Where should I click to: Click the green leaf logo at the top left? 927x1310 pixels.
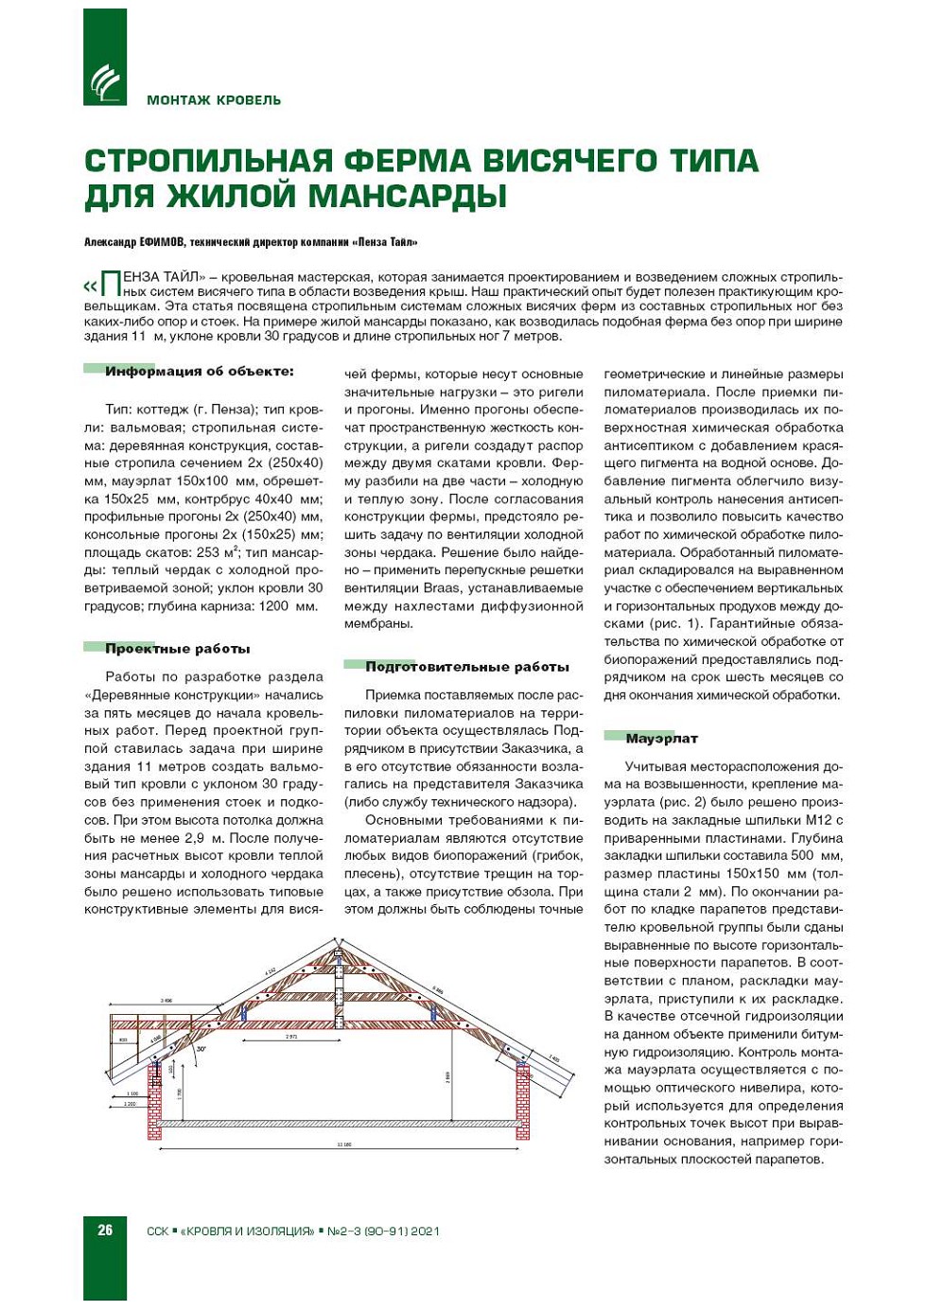pyautogui.click(x=104, y=80)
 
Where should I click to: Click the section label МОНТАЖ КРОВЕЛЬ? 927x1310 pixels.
pyautogui.click(x=214, y=100)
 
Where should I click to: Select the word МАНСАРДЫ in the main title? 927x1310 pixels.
pyautogui.click(x=408, y=196)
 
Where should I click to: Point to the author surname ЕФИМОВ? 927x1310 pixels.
pyautogui.click(x=162, y=242)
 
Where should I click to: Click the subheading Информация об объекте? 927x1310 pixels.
pyautogui.click(x=199, y=371)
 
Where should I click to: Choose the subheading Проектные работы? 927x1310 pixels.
pyautogui.click(x=177, y=649)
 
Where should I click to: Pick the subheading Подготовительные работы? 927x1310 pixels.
pyautogui.click(x=466, y=667)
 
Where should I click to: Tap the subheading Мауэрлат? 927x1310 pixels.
pyautogui.click(x=661, y=739)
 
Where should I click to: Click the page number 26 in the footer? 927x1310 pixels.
pyautogui.click(x=105, y=1231)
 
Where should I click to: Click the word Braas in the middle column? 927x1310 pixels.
pyautogui.click(x=443, y=588)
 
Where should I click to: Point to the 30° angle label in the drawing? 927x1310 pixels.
pyautogui.click(x=201, y=1049)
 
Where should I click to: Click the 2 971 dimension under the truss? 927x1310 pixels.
pyautogui.click(x=291, y=1038)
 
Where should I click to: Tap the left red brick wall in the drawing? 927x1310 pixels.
pyautogui.click(x=154, y=1102)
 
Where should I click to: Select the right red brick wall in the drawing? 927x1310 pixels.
pyautogui.click(x=521, y=1102)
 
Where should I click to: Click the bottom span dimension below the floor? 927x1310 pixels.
pyautogui.click(x=344, y=1145)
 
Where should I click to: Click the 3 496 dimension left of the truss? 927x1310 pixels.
pyautogui.click(x=166, y=1000)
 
